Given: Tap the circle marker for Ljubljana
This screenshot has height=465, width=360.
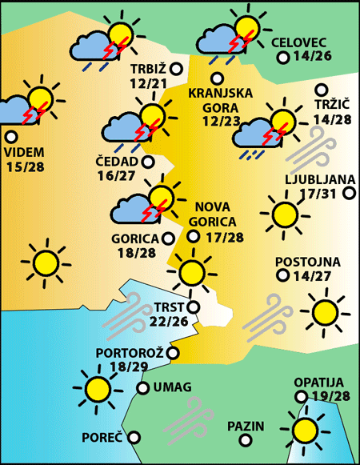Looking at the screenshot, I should [x=349, y=193].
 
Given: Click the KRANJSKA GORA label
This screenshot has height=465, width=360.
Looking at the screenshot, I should [x=220, y=99].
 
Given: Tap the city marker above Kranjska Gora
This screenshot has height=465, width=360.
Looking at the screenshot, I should [x=217, y=78].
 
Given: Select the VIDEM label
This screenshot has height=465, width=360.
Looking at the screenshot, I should [x=24, y=152].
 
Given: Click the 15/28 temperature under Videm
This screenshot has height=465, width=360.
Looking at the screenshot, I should [x=25, y=166].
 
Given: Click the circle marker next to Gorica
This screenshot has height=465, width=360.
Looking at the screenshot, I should [x=168, y=238].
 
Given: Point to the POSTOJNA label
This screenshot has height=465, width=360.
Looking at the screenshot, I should [x=308, y=262].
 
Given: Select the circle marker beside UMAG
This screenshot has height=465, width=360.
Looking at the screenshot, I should [x=142, y=388].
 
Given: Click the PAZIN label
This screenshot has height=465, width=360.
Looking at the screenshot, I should [x=245, y=426].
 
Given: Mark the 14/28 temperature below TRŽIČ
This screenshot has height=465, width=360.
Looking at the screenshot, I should [x=333, y=120].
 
